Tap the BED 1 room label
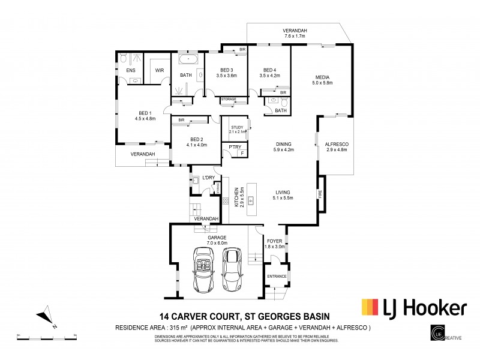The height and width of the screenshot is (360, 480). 145,112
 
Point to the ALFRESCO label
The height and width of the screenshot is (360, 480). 337,145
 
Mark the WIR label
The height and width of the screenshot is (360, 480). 160,70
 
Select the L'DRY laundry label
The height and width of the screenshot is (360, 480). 208,178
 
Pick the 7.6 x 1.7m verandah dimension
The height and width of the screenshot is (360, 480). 295,36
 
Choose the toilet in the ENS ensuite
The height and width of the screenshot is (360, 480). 123,58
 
